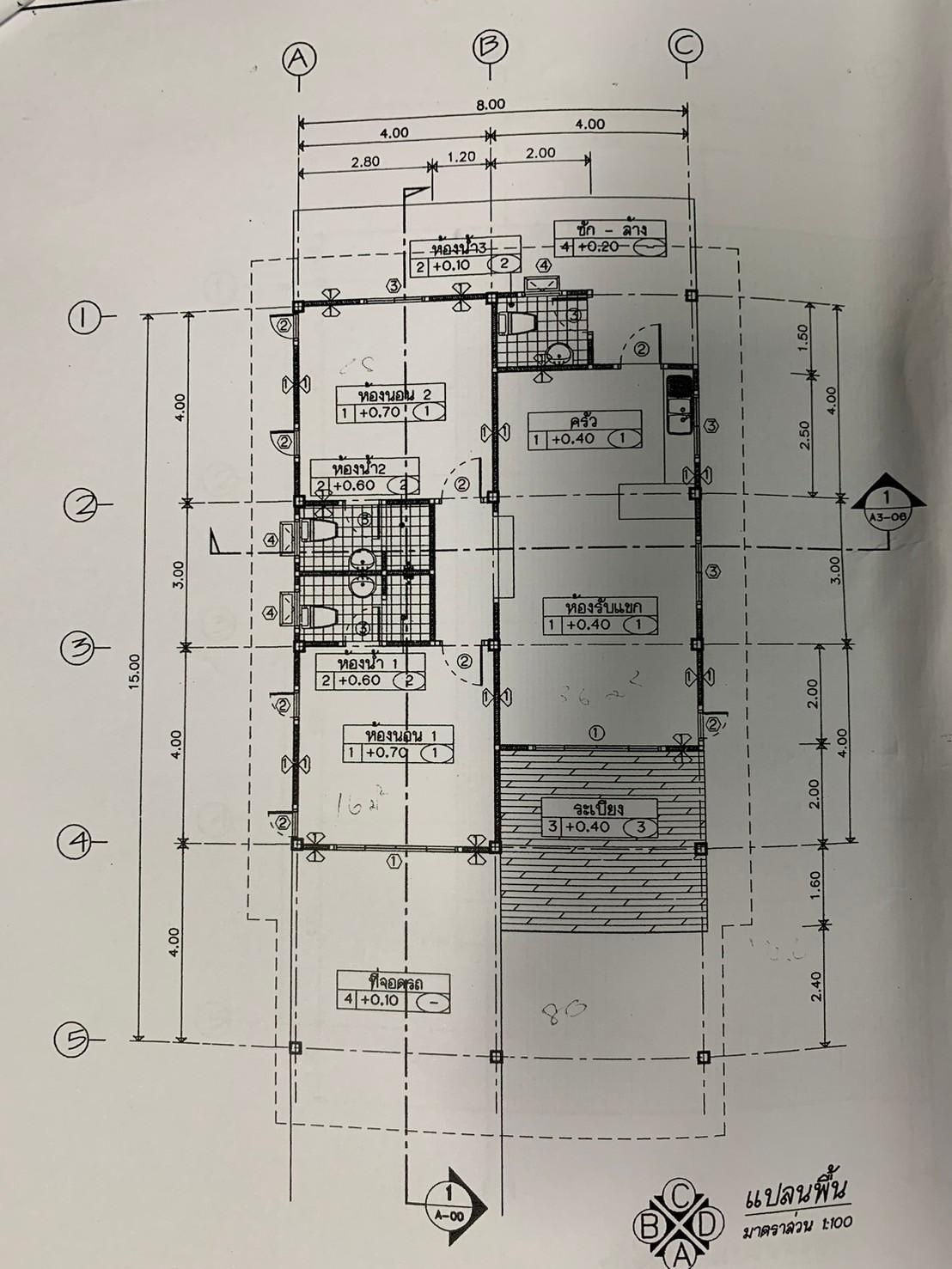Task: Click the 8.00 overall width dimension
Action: tap(491, 104)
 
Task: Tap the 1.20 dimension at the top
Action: tap(461, 157)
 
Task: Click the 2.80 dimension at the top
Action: tap(365, 160)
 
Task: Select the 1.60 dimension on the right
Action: tap(815, 882)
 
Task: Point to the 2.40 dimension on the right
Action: tap(816, 985)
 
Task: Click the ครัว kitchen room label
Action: tap(584, 421)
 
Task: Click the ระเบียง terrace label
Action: tap(599, 808)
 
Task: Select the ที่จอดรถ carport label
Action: tap(396, 982)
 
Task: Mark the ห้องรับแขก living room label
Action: tap(599, 606)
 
